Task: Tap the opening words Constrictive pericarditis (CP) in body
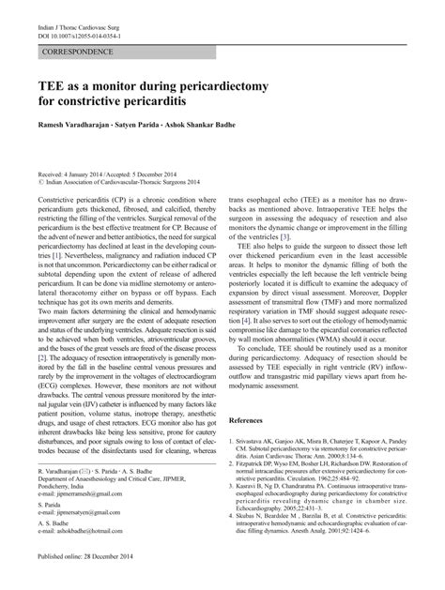[x=84, y=202]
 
